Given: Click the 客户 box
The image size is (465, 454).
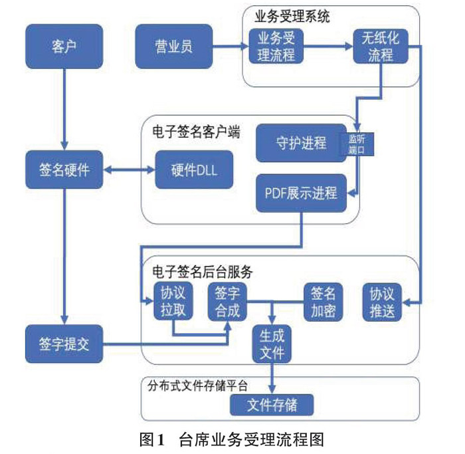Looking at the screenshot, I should tap(64, 47).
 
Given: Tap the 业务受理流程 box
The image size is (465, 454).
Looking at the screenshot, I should tap(276, 46).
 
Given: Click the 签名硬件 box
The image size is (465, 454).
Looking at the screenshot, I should tap(64, 170).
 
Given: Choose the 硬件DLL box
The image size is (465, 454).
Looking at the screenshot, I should tap(185, 170).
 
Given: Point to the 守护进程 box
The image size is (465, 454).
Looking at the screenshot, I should tap(301, 143).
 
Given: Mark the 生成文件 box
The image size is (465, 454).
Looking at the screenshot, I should tap(272, 343).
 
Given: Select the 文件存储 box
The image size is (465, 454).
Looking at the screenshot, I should tap(271, 404).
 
